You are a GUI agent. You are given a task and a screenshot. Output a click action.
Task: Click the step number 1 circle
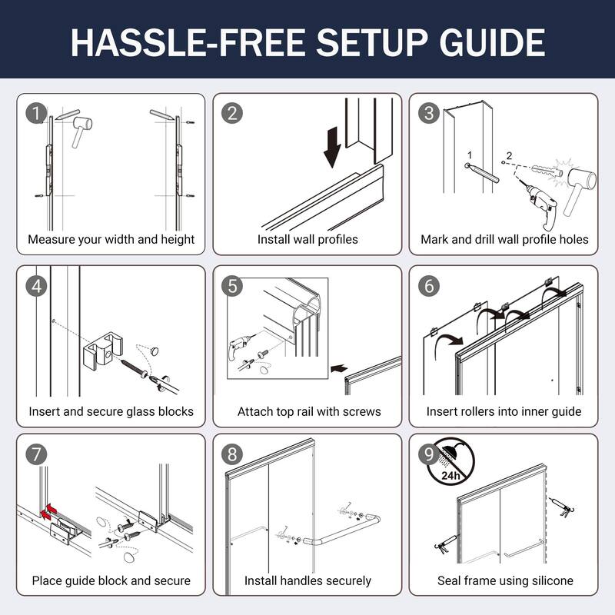pos(36,113)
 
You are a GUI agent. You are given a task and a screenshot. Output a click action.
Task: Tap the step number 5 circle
pos(232,286)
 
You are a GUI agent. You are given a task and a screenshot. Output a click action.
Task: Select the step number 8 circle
pos(232,454)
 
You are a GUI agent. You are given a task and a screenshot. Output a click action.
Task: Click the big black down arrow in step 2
pos(332,147)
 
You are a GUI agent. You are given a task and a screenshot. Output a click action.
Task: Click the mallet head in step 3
pos(582,179)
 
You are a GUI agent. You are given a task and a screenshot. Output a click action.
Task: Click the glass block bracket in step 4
pos(103,350)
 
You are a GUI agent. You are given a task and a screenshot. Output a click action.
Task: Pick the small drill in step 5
pos(240,347)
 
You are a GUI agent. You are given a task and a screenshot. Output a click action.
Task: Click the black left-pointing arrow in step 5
pos(339,368)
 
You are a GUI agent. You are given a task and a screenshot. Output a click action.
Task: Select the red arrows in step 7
pos(48,512)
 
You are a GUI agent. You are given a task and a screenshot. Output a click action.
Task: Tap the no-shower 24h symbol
pos(450,462)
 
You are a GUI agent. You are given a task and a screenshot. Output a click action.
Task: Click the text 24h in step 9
pos(450,475)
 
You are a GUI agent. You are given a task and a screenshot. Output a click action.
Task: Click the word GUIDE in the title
pos(492,43)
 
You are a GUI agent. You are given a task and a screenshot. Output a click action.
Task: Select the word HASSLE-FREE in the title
pos(188,43)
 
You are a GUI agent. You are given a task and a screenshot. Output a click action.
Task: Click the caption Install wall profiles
pos(307,239)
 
